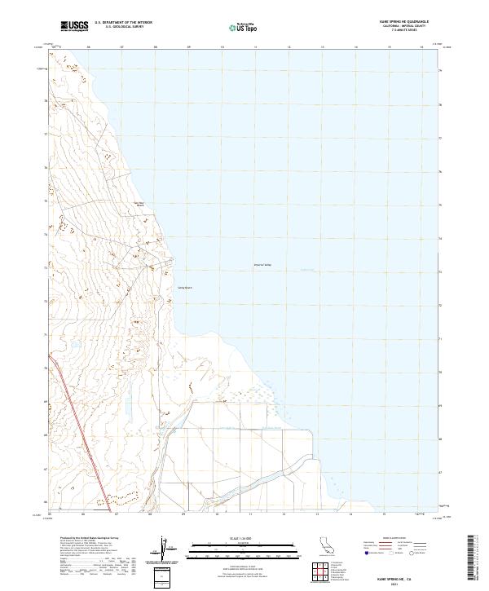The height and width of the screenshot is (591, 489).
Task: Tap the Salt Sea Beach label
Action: point(139,205)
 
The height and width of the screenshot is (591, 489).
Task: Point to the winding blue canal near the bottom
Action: point(269,473)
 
